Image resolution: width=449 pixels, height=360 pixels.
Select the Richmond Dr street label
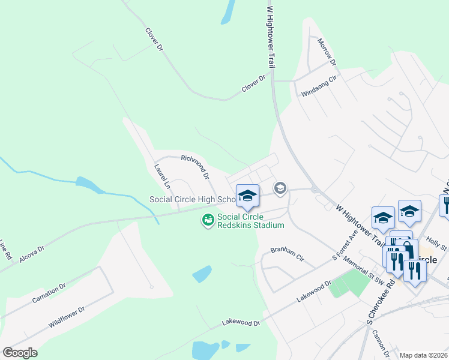pyautogui.click(x=195, y=167)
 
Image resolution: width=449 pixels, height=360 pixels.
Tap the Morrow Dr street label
pyautogui.click(x=327, y=53)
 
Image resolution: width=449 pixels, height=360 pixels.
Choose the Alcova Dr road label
pyautogui.click(x=32, y=251)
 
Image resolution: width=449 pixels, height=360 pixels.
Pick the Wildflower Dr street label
pyautogui.click(x=67, y=318)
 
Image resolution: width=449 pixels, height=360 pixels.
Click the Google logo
pyautogui.click(x=20, y=352)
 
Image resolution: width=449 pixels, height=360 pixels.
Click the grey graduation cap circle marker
pyautogui.click(x=280, y=189)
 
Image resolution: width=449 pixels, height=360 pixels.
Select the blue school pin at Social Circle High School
pyautogui.click(x=247, y=196)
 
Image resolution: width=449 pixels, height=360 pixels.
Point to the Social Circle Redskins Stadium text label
pyautogui.click(x=250, y=221)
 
